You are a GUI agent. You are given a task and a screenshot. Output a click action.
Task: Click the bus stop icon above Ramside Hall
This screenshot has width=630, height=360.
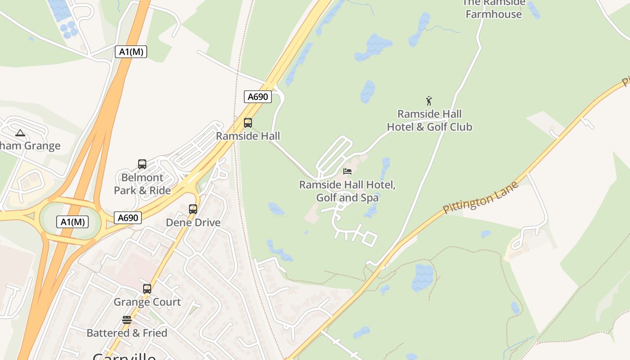[x=247, y=122]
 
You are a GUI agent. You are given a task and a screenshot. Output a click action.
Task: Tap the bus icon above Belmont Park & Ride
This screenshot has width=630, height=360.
[x=142, y=164]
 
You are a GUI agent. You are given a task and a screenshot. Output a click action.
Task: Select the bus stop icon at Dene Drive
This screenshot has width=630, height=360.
[x=193, y=209]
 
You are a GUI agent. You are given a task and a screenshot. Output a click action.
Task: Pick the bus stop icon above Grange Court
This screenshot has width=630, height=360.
[x=147, y=288]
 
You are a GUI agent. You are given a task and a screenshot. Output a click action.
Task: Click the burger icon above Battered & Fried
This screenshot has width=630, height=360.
[x=127, y=320]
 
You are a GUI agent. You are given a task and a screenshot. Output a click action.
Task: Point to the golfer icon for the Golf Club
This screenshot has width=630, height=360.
[x=429, y=101]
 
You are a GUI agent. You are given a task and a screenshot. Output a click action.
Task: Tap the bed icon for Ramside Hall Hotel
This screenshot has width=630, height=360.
[x=347, y=171]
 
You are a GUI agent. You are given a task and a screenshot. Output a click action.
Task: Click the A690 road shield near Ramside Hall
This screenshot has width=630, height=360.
[x=258, y=96]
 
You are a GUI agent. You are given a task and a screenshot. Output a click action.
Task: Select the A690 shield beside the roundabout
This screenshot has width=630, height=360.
[x=128, y=218]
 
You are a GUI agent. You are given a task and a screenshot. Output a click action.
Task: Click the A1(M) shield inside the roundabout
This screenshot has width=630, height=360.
[x=72, y=221]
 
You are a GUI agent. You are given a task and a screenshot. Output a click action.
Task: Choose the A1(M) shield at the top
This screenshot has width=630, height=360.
[x=131, y=52]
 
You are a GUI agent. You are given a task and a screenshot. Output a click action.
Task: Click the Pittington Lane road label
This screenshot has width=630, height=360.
[x=481, y=197]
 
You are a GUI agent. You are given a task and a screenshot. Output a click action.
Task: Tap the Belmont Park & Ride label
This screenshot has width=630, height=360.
[x=142, y=184]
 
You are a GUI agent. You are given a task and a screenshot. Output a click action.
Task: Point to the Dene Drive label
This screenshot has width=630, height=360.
[x=193, y=222]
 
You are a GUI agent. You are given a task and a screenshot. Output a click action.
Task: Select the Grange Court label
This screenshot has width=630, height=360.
[x=147, y=302]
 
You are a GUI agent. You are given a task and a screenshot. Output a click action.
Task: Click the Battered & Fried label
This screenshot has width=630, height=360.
[x=127, y=333]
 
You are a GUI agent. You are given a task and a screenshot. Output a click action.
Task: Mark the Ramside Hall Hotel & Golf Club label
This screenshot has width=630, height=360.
[x=429, y=120]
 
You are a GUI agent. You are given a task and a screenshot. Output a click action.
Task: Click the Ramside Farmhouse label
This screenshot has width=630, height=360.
[x=494, y=9]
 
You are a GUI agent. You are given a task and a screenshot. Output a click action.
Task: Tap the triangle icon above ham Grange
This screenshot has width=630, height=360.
[x=20, y=133]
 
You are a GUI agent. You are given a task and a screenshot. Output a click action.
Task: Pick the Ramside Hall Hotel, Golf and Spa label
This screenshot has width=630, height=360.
[x=347, y=191]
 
